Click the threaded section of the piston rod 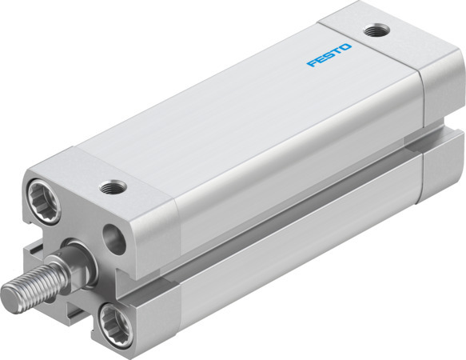(32, 280)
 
